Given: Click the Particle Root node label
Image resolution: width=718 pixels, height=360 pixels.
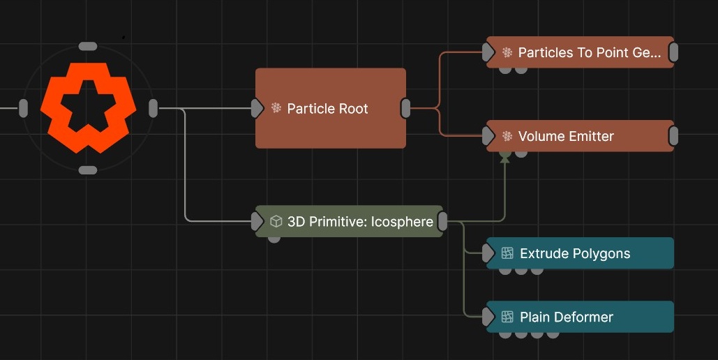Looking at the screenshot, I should coord(327,109).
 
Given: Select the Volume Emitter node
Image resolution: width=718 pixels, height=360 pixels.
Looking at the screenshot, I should coord(580,136).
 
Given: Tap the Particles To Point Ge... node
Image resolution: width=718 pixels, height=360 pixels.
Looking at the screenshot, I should coord(580,52).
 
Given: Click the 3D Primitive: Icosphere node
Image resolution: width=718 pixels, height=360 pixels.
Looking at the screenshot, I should coord(349,222).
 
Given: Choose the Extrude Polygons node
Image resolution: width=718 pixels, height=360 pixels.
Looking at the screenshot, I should coord(580,253).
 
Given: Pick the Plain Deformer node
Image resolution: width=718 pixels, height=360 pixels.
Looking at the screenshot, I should coord(580,317).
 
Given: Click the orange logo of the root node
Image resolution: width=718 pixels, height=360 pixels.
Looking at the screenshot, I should coord(87,108).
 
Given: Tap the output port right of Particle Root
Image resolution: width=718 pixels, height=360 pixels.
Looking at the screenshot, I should coord(405,108).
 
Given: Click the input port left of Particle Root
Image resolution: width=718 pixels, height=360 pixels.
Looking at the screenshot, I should coord(257,108).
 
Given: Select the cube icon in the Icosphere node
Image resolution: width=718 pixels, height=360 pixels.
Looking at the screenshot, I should coord(276,222).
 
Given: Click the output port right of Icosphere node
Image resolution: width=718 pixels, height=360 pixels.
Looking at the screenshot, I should coord(442,222).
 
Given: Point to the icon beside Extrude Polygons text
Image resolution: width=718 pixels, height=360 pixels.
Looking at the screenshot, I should coord(507,253).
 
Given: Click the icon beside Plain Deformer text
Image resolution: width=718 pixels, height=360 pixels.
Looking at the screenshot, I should coord(507,317).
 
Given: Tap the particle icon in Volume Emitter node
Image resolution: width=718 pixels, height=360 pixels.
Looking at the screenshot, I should coord(507,136).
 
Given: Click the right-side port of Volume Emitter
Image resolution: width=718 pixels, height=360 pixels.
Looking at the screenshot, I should coord(673,136).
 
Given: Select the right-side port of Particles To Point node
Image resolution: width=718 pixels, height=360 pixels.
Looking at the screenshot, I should coord(673,52).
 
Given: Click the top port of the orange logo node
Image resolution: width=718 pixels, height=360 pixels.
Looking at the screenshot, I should coord(88,46).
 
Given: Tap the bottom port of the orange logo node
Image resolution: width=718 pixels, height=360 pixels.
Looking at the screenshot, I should coord(88,170).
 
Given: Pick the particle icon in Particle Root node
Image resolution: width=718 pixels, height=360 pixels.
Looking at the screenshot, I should coord(276,108).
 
